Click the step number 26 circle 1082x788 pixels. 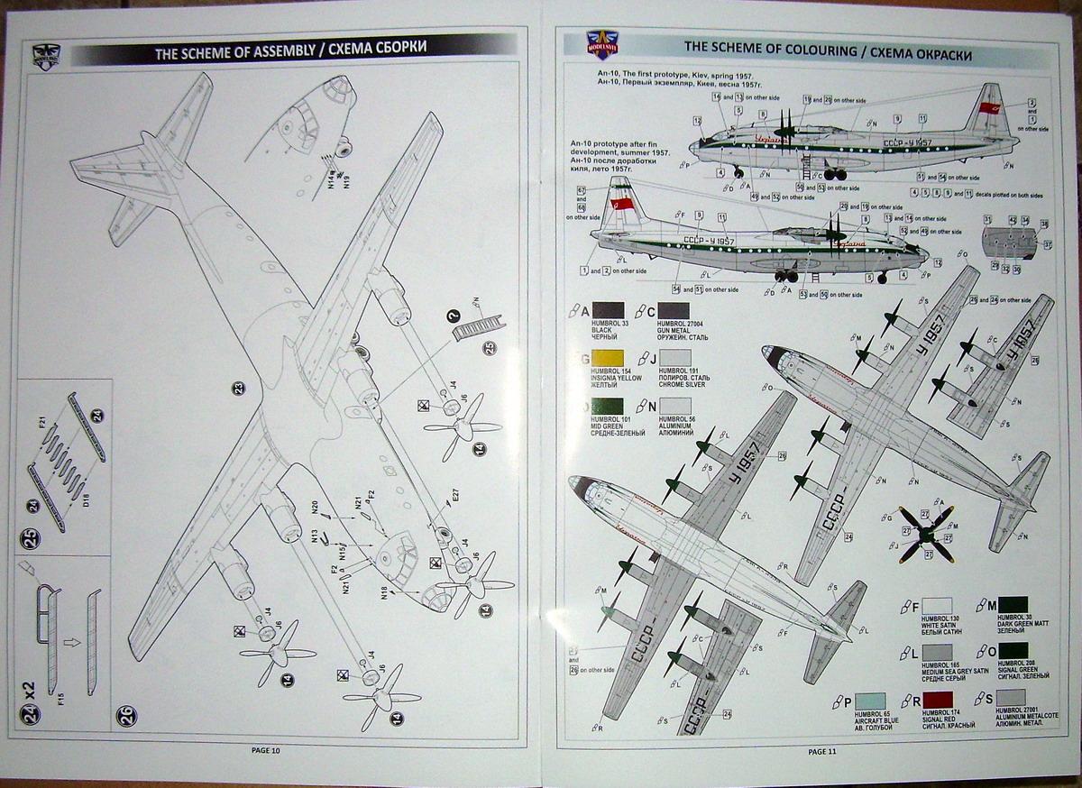pos(125,718)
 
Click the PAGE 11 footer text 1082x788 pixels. pos(822,750)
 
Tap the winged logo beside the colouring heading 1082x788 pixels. pos(603,45)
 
